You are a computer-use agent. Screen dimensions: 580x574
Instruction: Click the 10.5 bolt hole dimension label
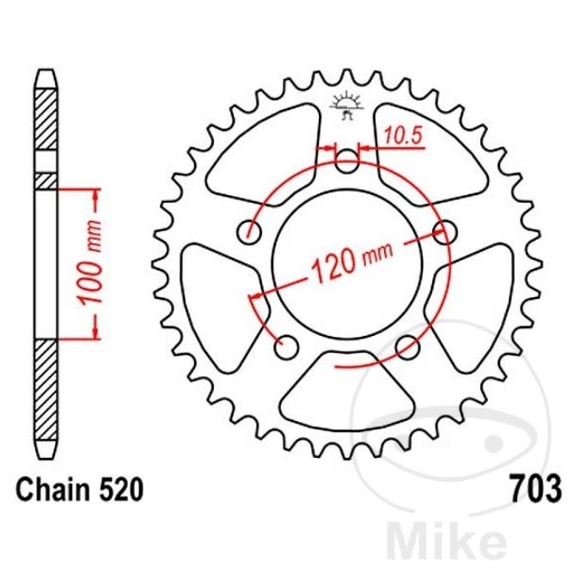[402, 136]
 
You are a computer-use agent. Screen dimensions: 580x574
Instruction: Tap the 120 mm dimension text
[352, 261]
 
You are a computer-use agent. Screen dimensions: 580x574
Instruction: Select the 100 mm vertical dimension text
[90, 263]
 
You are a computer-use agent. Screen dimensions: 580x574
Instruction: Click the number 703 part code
[536, 489]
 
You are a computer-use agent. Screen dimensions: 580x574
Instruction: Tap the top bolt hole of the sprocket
[346, 162]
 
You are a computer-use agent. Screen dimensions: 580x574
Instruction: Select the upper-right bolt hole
[444, 232]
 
